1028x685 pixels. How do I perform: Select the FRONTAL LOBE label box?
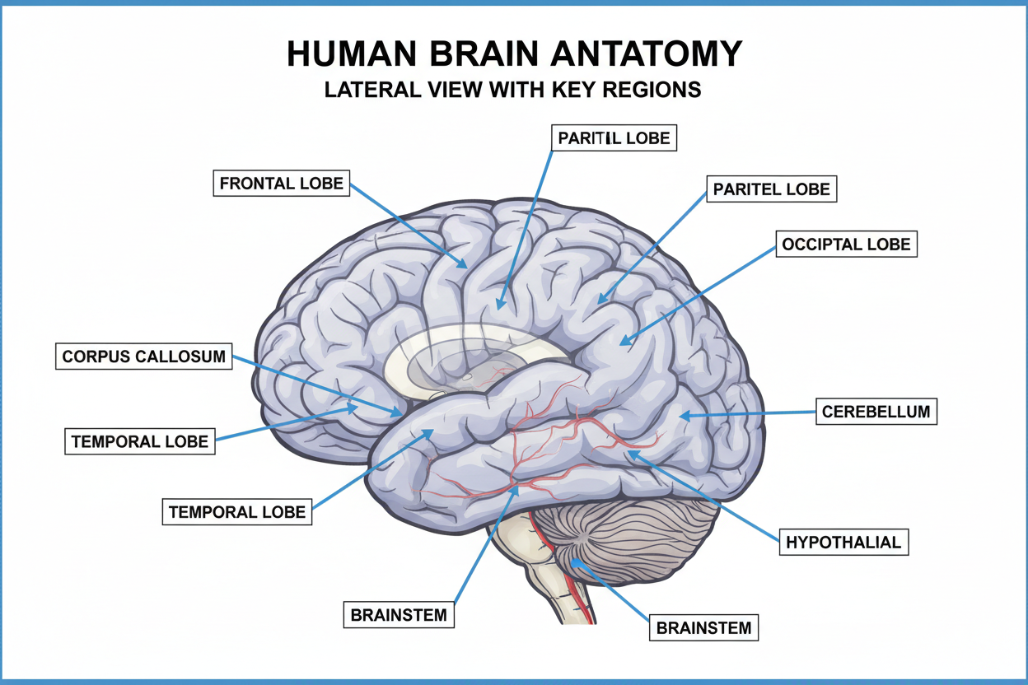click(282, 183)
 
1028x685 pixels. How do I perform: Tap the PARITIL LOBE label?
click(614, 137)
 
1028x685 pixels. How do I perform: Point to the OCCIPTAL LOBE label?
click(847, 245)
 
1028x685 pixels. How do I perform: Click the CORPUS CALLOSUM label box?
click(144, 356)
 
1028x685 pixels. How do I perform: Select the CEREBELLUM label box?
click(876, 411)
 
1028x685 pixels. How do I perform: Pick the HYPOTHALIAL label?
click(843, 543)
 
